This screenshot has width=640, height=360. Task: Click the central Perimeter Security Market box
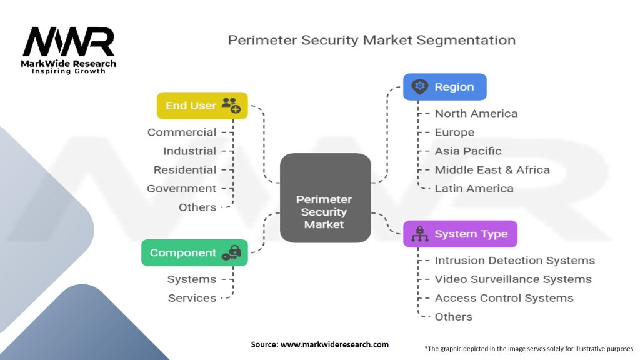pyautogui.click(x=324, y=198)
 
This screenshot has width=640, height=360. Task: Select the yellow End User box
pyautogui.click(x=202, y=106)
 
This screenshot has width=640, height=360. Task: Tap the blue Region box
pyautogui.click(x=444, y=87)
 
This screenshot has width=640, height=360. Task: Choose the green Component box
pyautogui.click(x=194, y=252)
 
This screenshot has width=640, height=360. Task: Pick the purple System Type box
pyautogui.click(x=460, y=234)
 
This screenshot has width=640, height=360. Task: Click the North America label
pyautogui.click(x=476, y=113)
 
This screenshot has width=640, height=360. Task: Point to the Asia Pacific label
pyautogui.click(x=467, y=151)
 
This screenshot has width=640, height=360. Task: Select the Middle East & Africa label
pyautogui.click(x=492, y=169)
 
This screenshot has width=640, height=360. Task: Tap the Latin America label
pyautogui.click(x=474, y=188)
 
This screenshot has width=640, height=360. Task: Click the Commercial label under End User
pyautogui.click(x=182, y=132)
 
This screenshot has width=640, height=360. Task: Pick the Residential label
pyautogui.click(x=185, y=169)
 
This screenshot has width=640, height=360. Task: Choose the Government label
pyautogui.click(x=182, y=188)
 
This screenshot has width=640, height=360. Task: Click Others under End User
pyautogui.click(x=197, y=207)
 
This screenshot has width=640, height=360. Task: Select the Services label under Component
pyautogui.click(x=192, y=298)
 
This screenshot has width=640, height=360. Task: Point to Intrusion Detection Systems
pyautogui.click(x=514, y=261)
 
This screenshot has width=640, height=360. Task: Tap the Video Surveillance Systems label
pyautogui.click(x=512, y=279)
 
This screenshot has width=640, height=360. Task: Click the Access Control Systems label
pyautogui.click(x=504, y=298)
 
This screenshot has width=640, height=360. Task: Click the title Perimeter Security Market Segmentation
pyautogui.click(x=371, y=40)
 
